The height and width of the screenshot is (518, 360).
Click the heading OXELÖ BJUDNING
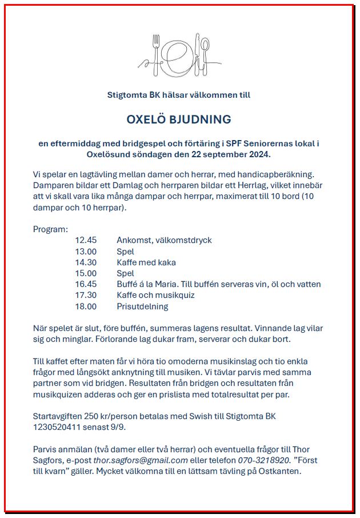pyautogui.click(x=179, y=119)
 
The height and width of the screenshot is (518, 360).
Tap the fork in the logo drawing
pyautogui.click(x=155, y=51)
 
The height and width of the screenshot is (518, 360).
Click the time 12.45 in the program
pyautogui.click(x=86, y=240)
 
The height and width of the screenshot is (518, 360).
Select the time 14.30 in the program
pyautogui.click(x=86, y=262)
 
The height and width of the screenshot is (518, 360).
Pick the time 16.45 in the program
pyautogui.click(x=86, y=284)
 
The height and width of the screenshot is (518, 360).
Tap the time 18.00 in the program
pyautogui.click(x=86, y=306)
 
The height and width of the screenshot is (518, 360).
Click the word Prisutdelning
pyautogui.click(x=142, y=306)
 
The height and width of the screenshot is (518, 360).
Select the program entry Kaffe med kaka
pyautogui.click(x=146, y=262)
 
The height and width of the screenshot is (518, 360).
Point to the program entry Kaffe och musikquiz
pyautogui.click(x=155, y=295)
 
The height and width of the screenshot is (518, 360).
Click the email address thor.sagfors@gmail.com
pyautogui.click(x=141, y=460)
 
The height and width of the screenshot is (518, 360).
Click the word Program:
pyautogui.click(x=50, y=229)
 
